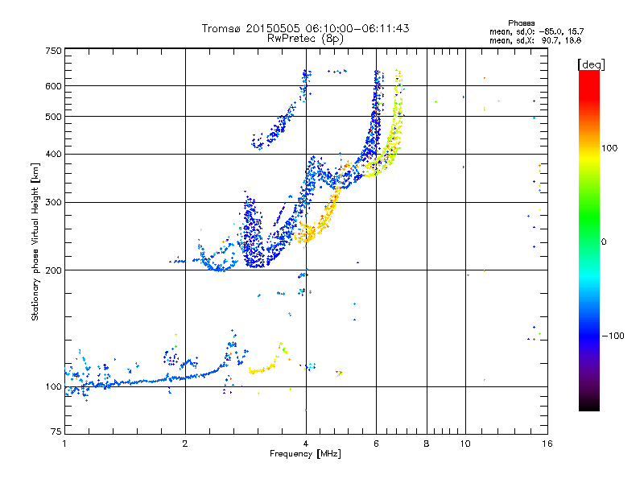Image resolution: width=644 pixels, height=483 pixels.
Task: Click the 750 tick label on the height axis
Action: (54, 50)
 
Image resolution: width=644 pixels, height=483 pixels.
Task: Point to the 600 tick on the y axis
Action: (54, 85)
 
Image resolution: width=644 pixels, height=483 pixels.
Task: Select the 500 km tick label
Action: (54, 116)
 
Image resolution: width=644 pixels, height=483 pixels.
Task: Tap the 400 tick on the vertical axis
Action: (54, 154)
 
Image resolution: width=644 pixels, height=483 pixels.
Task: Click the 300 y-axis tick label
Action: (54, 202)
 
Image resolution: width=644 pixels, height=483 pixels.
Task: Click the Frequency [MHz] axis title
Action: (305, 454)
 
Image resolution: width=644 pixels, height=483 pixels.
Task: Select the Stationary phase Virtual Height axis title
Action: (35, 242)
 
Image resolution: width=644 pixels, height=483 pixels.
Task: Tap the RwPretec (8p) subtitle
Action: (305, 38)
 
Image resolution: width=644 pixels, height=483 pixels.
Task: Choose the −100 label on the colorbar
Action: (613, 336)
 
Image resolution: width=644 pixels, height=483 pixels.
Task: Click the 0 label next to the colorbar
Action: (605, 242)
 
